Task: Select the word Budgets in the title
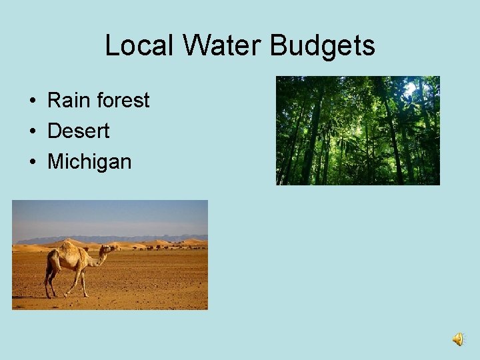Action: [x=323, y=46]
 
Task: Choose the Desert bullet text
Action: [x=78, y=131]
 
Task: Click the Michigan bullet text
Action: [x=89, y=161]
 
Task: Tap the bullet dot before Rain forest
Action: [x=32, y=101]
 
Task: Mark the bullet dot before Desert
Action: [x=32, y=132]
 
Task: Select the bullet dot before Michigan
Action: [x=32, y=162]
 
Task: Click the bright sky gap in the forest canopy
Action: [x=409, y=89]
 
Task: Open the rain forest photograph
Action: [x=358, y=131]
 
